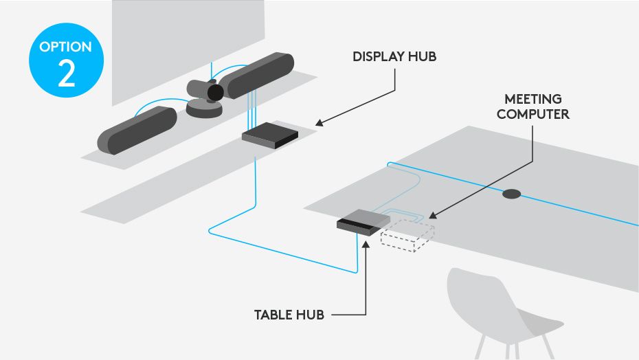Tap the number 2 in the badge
[x=66, y=74]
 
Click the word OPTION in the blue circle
[x=66, y=47]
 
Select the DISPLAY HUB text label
[x=394, y=56]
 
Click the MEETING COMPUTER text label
[x=532, y=106]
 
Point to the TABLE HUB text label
[x=289, y=315]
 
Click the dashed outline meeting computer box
[x=407, y=234]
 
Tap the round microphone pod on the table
[x=511, y=194]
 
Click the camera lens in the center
[x=215, y=93]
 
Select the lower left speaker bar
[x=137, y=130]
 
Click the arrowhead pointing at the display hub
[x=319, y=123]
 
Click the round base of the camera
[x=203, y=109]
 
